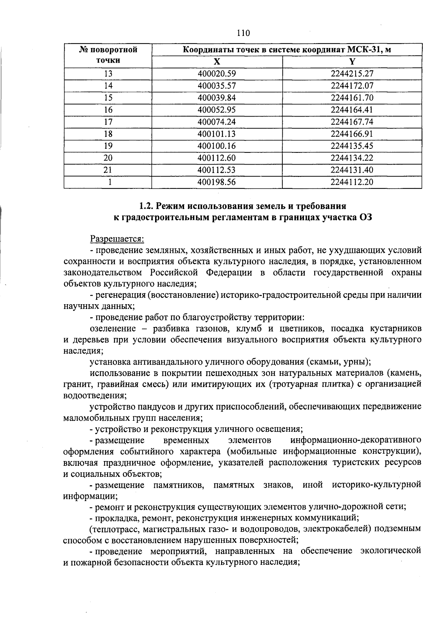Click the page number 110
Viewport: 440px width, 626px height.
tap(243, 33)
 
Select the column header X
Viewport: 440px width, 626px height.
tap(217, 62)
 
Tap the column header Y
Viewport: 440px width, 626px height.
tap(352, 62)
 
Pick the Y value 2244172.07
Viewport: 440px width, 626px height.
tap(352, 86)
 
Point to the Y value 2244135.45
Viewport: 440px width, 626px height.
tap(352, 146)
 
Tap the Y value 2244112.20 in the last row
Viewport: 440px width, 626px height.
tap(352, 182)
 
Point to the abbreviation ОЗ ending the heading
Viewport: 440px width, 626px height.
tap(365, 217)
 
